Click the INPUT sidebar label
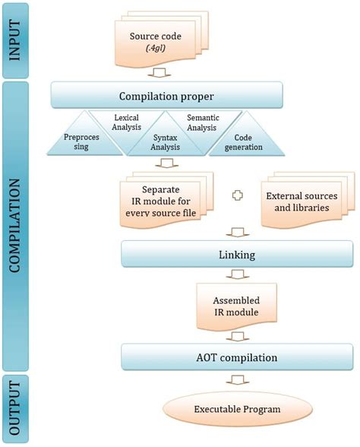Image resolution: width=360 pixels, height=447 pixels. pos(15,40)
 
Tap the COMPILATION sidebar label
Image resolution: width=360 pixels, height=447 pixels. pos(15,226)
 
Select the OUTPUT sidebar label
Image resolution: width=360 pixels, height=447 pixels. pos(15,408)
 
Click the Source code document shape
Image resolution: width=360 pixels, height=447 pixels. pos(162,40)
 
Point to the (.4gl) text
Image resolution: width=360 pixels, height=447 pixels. pos(156,48)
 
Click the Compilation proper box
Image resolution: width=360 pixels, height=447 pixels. pos(166,95)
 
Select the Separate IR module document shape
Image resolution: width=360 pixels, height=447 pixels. pos(166,200)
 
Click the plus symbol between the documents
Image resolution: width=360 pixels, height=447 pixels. pos(238,195)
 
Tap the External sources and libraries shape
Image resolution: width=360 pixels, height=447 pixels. pos(308,200)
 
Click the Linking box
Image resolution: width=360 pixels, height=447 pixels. pos(237,254)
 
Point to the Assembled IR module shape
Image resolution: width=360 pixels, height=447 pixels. pos(236,307)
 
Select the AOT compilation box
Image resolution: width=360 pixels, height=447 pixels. pos(237,357)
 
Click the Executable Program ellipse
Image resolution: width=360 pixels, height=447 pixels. pos(237,409)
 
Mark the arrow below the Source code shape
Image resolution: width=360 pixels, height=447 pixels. pos(159,72)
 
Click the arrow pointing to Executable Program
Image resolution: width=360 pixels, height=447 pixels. pos(238,380)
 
